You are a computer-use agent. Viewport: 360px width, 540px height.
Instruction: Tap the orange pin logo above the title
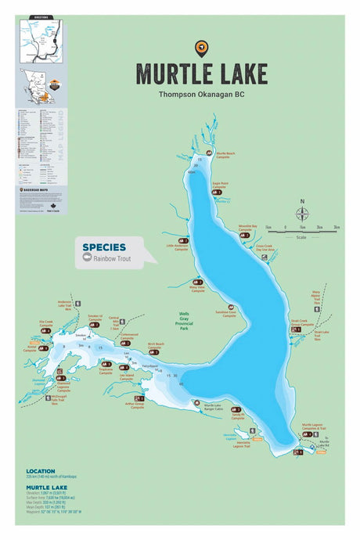point(201,49)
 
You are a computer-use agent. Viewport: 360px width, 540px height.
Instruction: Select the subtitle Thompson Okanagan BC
point(201,94)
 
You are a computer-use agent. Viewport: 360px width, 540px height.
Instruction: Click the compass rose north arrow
point(302,212)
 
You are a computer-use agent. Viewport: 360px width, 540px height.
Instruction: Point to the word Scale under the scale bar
point(301,235)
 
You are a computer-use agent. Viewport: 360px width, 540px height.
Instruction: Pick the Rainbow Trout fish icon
point(88,258)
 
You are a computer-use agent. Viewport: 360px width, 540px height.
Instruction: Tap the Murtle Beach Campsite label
point(226,155)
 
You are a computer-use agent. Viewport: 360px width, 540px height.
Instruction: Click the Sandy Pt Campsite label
point(238,416)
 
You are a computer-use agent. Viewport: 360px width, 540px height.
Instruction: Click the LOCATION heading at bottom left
point(41,471)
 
